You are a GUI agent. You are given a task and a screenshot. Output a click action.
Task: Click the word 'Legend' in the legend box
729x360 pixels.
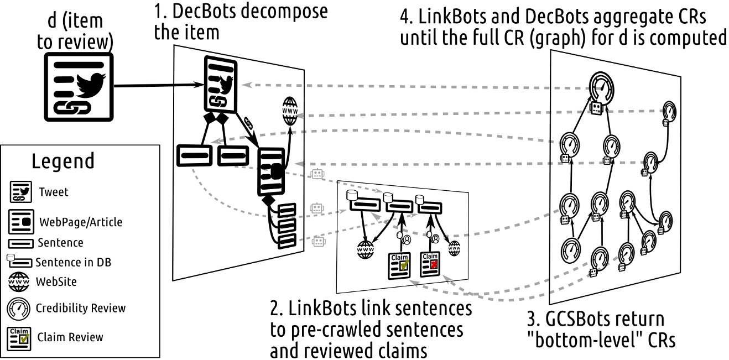pyautogui.click(x=63, y=162)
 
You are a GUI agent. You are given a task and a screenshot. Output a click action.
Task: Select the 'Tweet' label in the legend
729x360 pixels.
pyautogui.click(x=54, y=192)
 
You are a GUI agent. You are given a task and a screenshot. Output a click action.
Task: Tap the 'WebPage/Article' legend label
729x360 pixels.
pyautogui.click(x=81, y=222)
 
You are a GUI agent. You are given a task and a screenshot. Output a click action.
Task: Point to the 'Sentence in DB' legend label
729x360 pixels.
pyautogui.click(x=73, y=262)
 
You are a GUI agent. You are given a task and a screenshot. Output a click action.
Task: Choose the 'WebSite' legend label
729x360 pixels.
pyautogui.click(x=56, y=282)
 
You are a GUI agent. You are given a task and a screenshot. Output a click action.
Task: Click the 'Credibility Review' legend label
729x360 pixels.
pyautogui.click(x=81, y=308)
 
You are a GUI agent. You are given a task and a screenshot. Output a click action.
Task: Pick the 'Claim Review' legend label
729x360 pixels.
pyautogui.click(x=70, y=337)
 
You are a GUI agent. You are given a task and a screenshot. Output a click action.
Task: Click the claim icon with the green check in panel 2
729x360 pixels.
pyautogui.click(x=399, y=264)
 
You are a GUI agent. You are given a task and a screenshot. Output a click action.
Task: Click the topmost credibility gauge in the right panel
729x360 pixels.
pyautogui.click(x=600, y=86)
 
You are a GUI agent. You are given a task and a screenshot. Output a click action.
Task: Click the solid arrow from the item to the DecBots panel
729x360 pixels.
pyautogui.click(x=158, y=85)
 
